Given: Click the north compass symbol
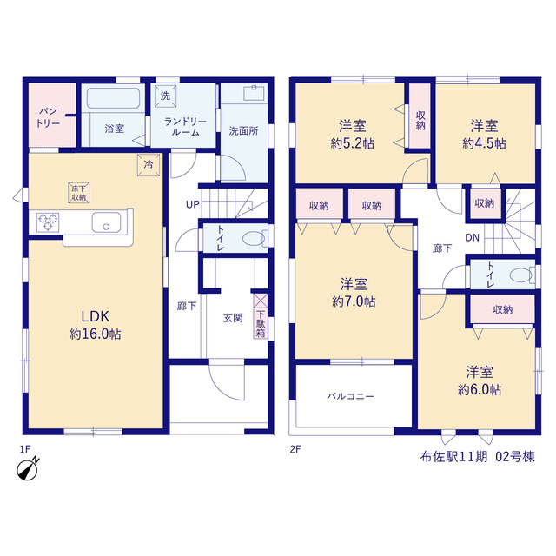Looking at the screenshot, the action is coord(28,469).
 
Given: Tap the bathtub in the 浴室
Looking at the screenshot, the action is coord(113,98).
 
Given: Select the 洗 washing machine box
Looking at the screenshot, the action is coord(165,96).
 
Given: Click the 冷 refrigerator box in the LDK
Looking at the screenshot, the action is coord(149,165).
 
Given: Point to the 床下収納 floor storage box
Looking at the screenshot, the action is coord(78,193).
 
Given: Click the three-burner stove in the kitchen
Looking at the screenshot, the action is coord(48,222).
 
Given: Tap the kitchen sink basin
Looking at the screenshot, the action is coord(106,222).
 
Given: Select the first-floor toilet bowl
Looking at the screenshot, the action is coord(255,238).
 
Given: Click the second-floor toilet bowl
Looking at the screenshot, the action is coord(522,275).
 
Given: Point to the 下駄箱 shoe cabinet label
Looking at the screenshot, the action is coord(261,324).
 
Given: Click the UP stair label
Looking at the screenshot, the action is coord(193,205).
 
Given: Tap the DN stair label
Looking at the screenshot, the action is coord(472,237).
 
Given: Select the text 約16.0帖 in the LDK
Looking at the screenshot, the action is coord(95,334).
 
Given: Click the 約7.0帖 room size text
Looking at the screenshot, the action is coord(354,301).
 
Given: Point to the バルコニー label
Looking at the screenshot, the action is coord(350,396).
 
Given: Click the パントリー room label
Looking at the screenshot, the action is coord(48,117).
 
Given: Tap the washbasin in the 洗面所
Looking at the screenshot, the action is coord(254,93).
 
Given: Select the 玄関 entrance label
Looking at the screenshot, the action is coord(233,318).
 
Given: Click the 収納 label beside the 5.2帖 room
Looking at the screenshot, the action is coord(420,121).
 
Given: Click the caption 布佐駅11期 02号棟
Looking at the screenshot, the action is coord(477,457).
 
